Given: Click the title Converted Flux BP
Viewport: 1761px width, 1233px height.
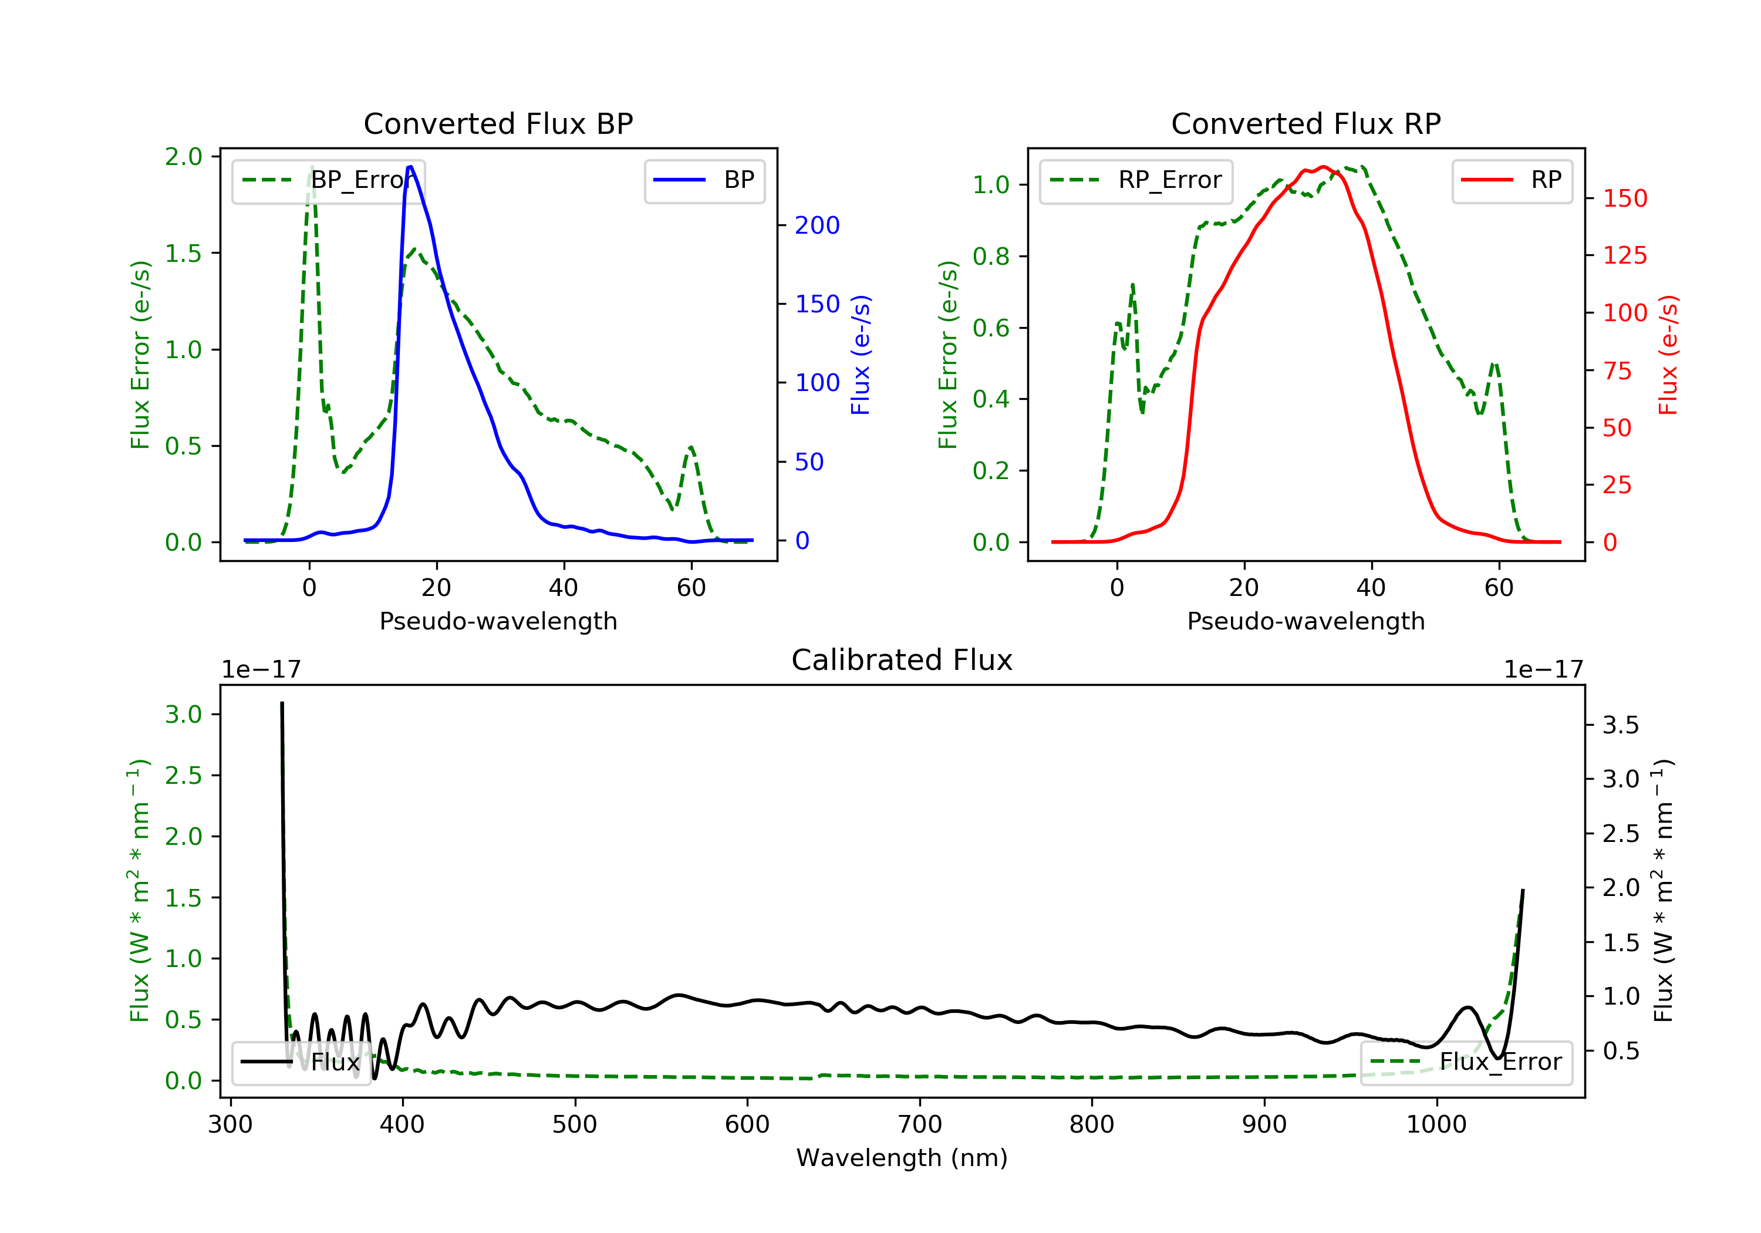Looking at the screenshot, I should point(498,123).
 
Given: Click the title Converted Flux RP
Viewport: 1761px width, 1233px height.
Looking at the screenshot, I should point(1305,123).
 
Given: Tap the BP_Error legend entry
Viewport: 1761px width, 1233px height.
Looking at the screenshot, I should point(328,180).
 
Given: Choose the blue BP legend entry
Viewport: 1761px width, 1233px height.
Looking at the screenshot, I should point(704,180).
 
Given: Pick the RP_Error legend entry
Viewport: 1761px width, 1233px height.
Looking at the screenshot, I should point(1135,180).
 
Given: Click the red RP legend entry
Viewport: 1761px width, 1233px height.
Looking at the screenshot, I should point(1511,180).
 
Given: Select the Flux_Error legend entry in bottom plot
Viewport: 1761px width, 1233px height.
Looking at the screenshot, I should point(1466,1062).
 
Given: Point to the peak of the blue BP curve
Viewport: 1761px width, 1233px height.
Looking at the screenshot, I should point(410,167).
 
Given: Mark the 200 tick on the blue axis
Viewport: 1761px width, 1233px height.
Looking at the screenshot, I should point(817,225).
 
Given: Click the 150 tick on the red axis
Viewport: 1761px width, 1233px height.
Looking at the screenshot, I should point(1624,198).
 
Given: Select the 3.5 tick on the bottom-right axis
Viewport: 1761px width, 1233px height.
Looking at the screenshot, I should point(1620,725).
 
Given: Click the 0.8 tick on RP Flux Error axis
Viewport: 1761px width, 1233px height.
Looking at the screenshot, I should point(991,256).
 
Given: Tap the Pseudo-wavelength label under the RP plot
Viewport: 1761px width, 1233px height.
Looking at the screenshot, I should point(1305,621).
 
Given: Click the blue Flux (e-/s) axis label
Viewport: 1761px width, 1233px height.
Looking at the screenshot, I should point(861,355).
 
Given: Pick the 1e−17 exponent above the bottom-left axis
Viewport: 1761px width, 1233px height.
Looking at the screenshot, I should point(261,670).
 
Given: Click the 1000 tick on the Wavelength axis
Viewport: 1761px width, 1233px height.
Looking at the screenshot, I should point(1436,1125).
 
